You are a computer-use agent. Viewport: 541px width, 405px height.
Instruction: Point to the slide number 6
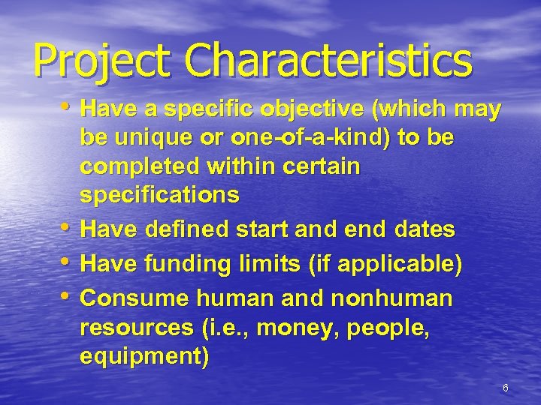tap(506, 388)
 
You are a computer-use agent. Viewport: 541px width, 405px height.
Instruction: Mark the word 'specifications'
tap(159, 196)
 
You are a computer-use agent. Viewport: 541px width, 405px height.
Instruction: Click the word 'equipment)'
tap(144, 355)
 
